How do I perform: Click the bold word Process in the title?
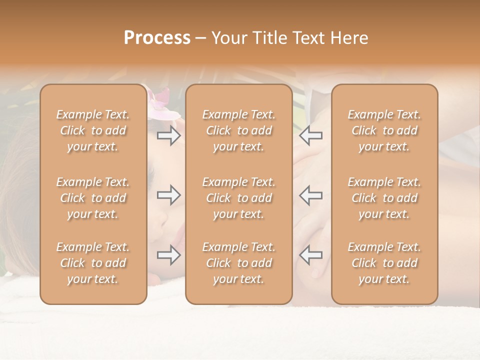point(157,38)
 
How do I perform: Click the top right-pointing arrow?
point(168,135)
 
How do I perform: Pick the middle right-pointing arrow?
point(168,195)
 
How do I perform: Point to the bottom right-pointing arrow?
point(168,255)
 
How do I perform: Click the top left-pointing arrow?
point(311,135)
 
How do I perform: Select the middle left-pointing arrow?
point(311,195)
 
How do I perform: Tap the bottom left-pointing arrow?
point(311,255)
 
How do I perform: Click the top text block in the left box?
point(93,130)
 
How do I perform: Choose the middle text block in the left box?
point(93,198)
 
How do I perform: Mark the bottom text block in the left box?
point(93,263)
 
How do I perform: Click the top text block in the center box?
point(238,130)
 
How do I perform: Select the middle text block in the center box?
point(238,198)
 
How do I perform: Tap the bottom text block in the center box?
point(238,263)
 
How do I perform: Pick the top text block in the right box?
point(384,130)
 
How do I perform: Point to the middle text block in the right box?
point(384,198)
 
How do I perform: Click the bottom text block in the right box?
point(384,263)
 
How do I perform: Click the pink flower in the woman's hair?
point(161,102)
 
